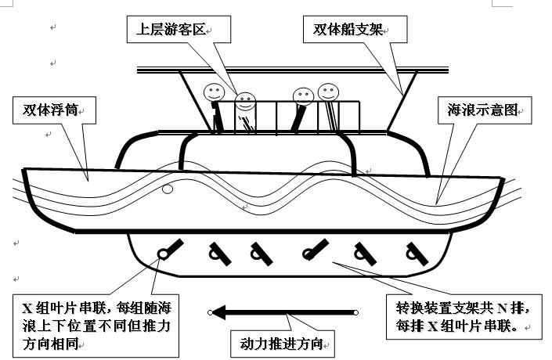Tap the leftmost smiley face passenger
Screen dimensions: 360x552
click(x=213, y=92)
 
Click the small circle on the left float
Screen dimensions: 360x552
click(x=167, y=189)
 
